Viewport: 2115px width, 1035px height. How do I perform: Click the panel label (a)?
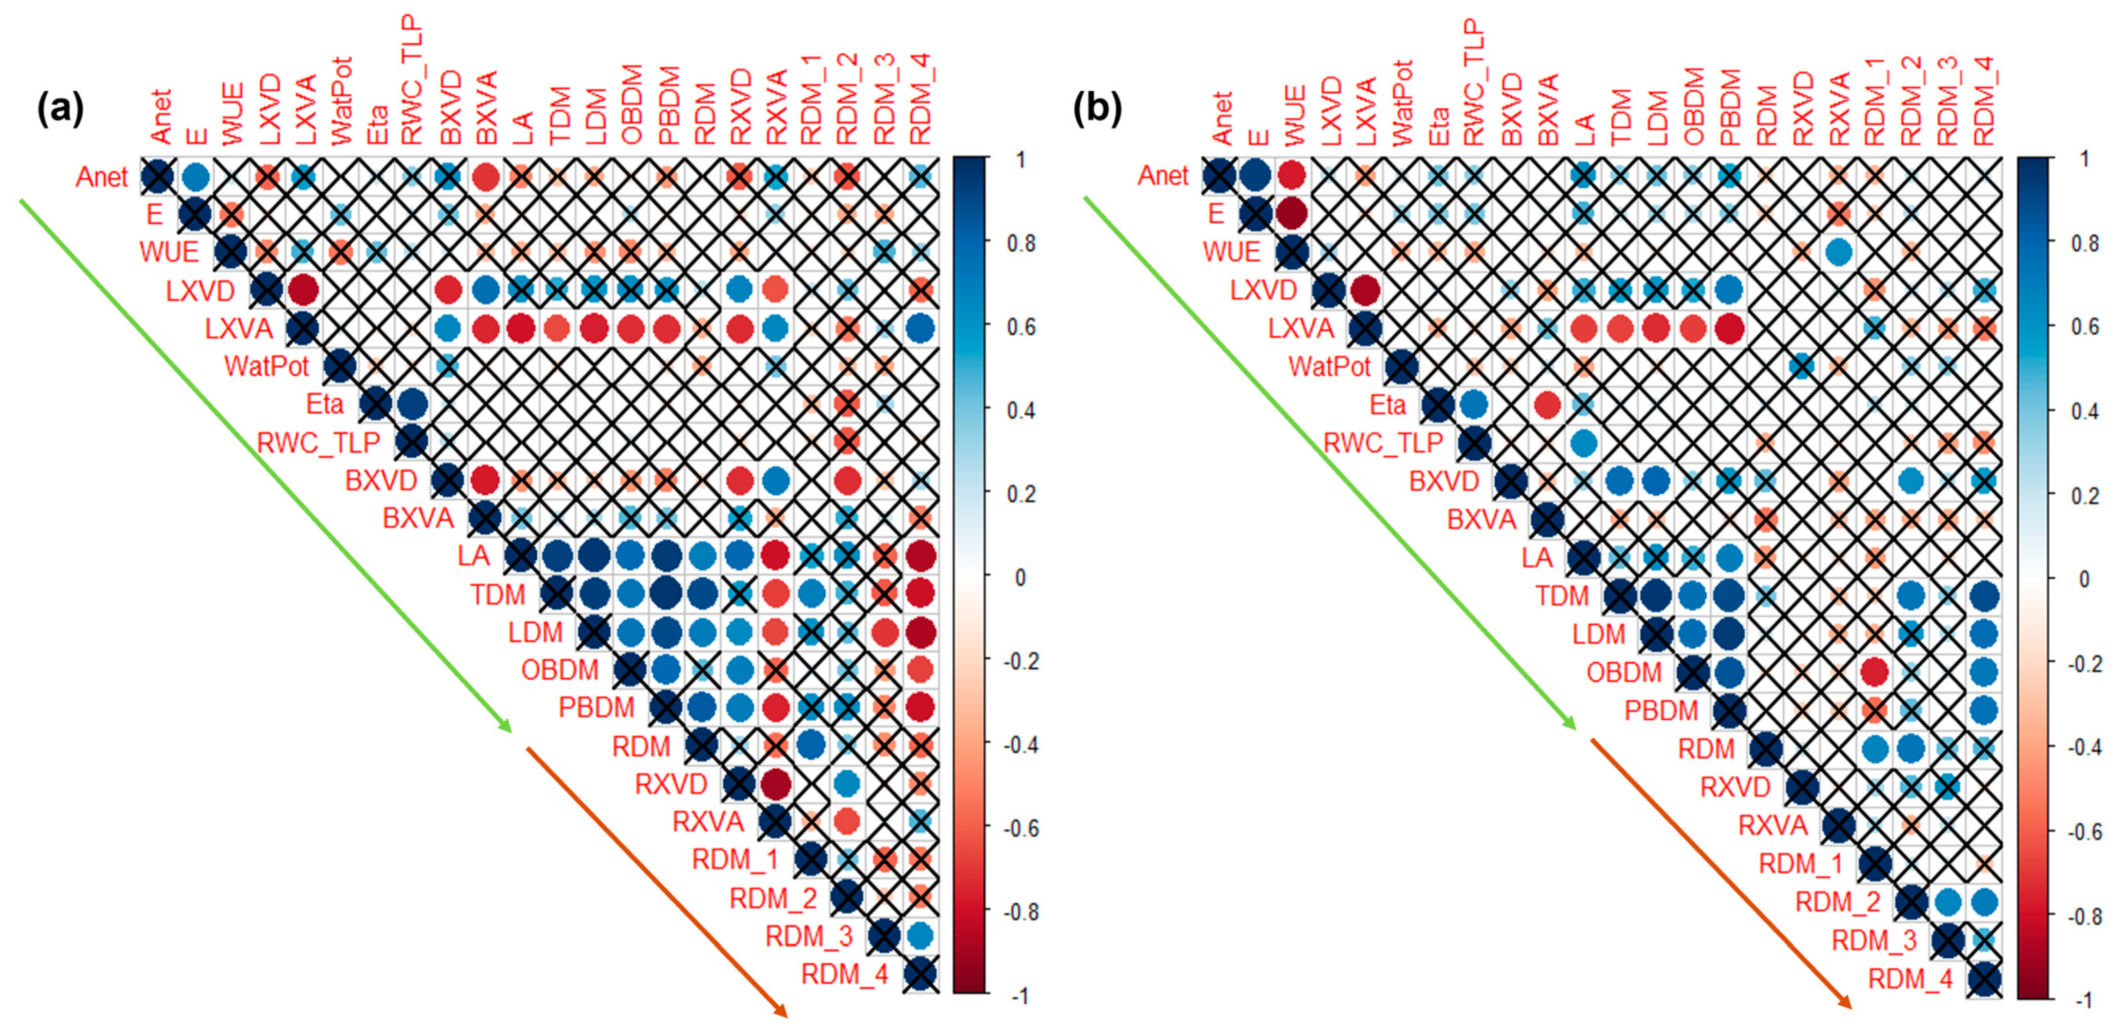click(60, 109)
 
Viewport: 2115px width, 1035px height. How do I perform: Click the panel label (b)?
click(1098, 109)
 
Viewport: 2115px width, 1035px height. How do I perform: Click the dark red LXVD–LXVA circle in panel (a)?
click(303, 290)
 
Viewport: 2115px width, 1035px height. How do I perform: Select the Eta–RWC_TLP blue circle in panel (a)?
click(411, 404)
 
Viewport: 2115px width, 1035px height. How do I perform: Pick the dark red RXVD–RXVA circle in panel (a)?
click(775, 784)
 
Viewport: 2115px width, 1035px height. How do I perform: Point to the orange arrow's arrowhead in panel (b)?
click(1848, 1005)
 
